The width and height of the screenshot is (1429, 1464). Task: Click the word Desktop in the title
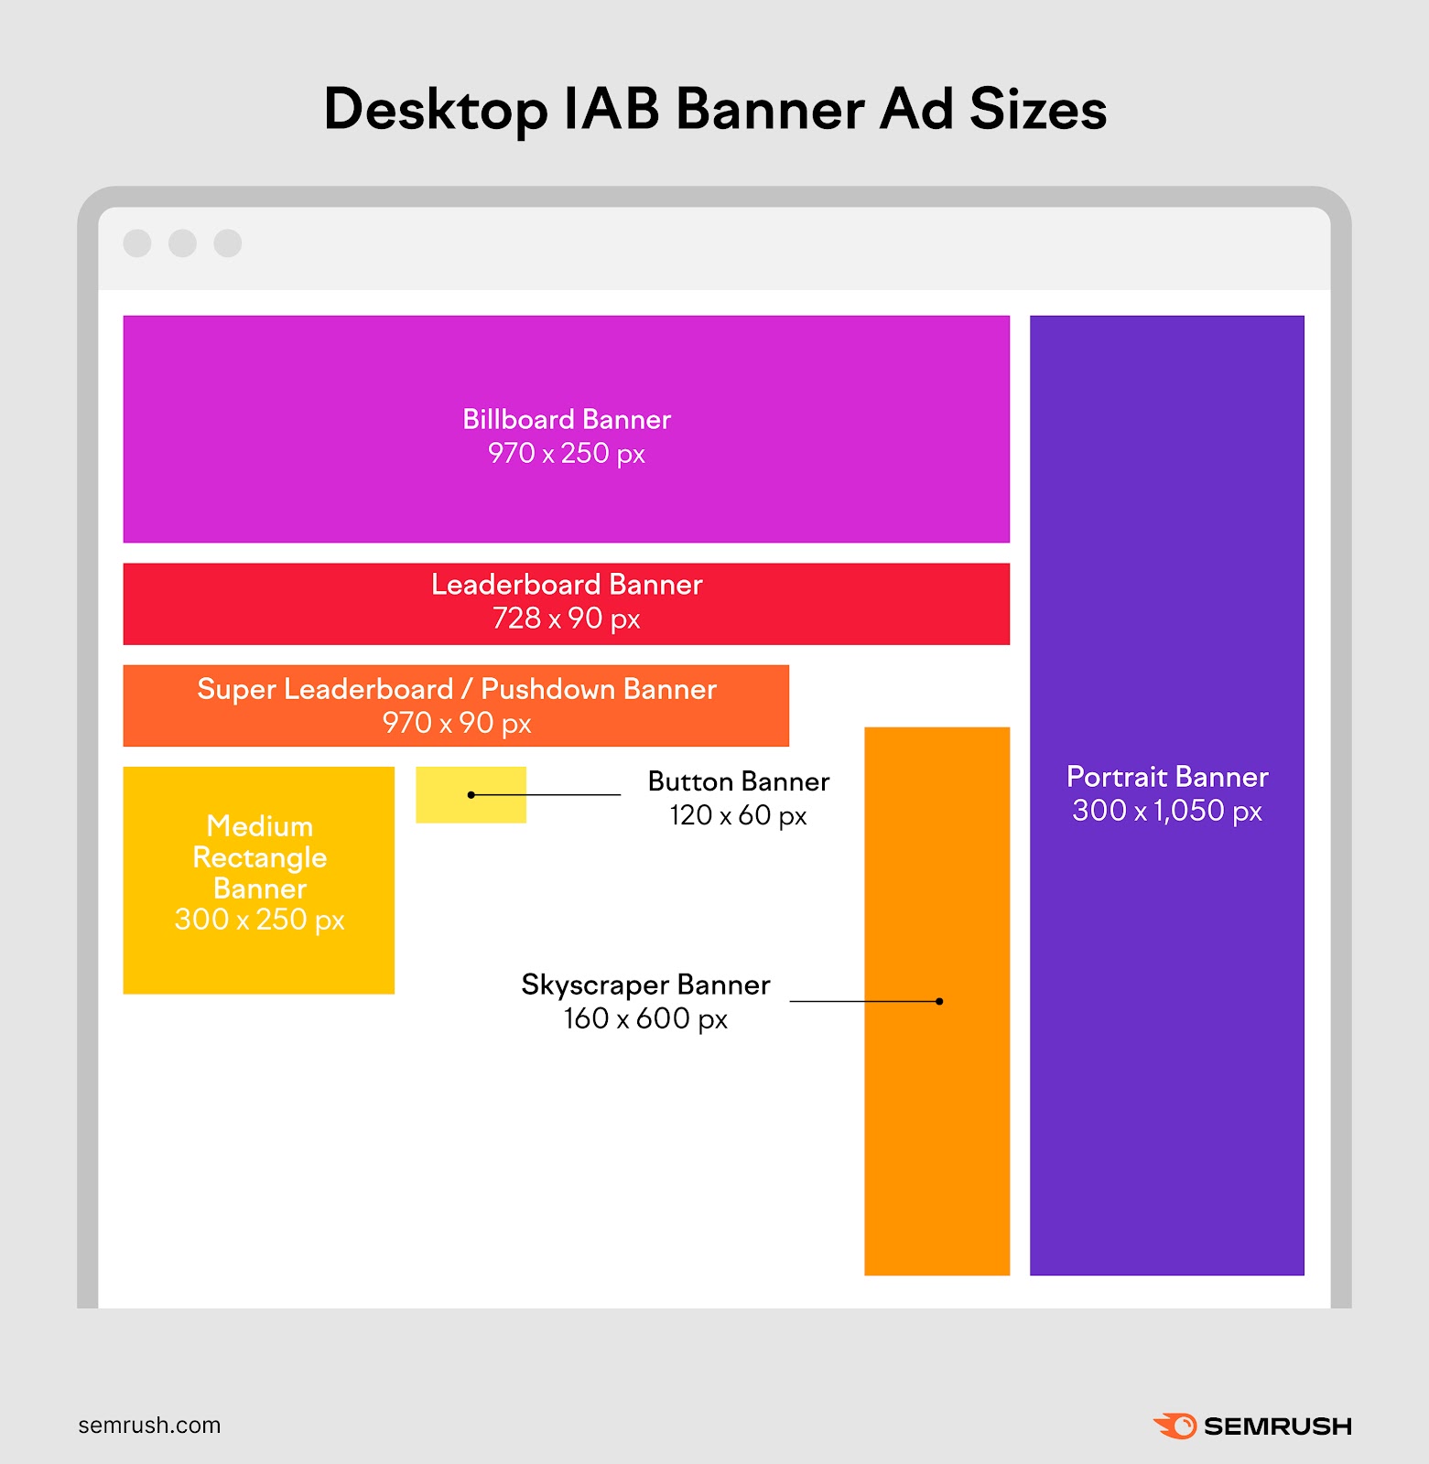(436, 111)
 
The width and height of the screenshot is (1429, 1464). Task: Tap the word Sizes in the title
(1038, 109)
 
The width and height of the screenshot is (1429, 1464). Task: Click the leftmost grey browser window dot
(137, 243)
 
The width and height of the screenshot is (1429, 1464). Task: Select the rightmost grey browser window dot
(227, 243)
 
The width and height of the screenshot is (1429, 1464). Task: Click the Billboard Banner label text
(567, 420)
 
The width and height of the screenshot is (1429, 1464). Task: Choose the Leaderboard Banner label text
(567, 585)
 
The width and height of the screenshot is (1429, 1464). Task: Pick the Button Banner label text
(739, 781)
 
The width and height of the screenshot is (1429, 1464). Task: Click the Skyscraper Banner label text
(645, 985)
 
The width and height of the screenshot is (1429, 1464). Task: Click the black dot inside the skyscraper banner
(939, 1001)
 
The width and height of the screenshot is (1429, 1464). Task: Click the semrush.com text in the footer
(149, 1425)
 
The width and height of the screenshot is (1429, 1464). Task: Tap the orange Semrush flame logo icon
(1175, 1426)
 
